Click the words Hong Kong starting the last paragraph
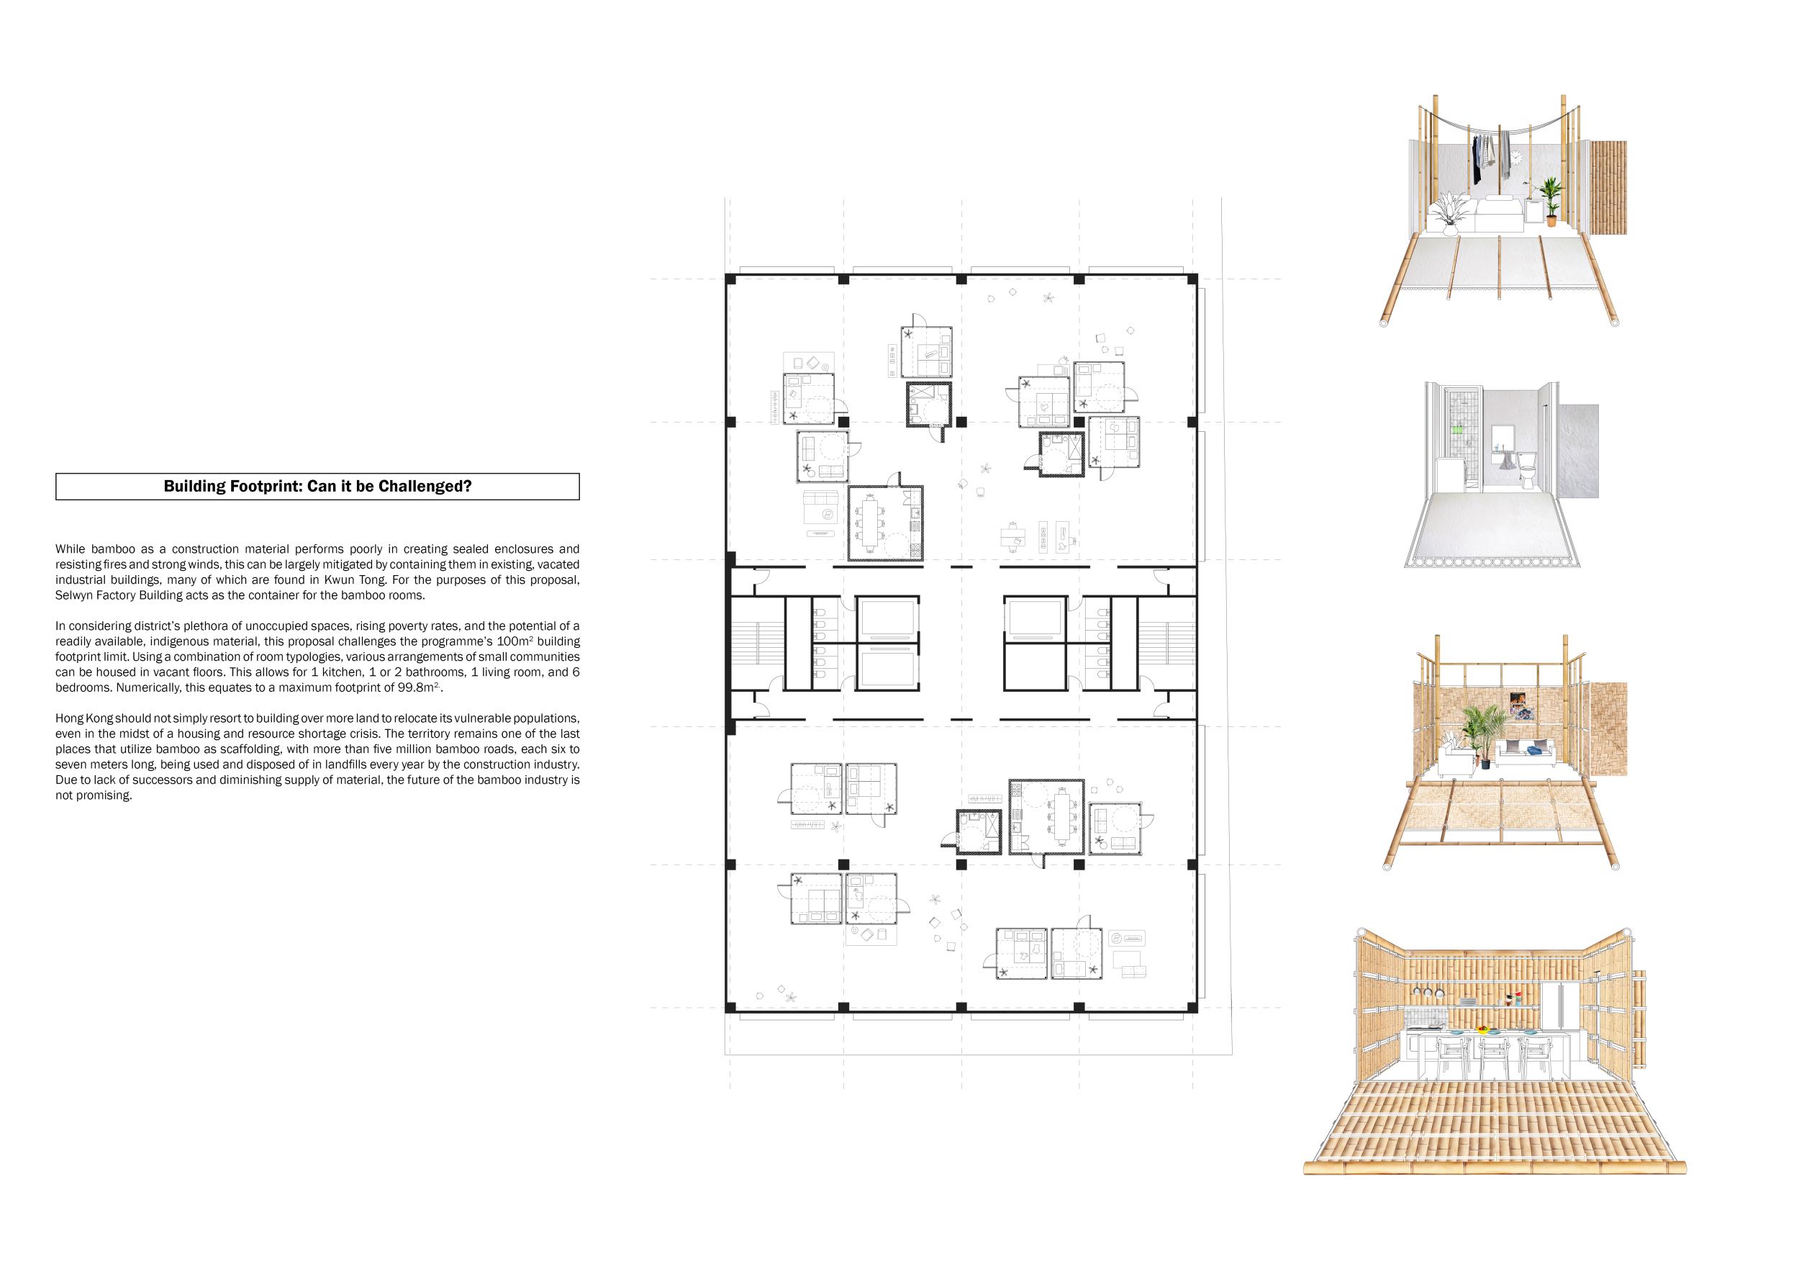point(84,718)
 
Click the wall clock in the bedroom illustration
point(1517,157)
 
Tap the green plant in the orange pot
point(1551,201)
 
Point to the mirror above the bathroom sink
point(1503,436)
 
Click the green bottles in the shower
point(1456,430)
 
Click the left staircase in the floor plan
point(758,644)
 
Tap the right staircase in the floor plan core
point(1166,643)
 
